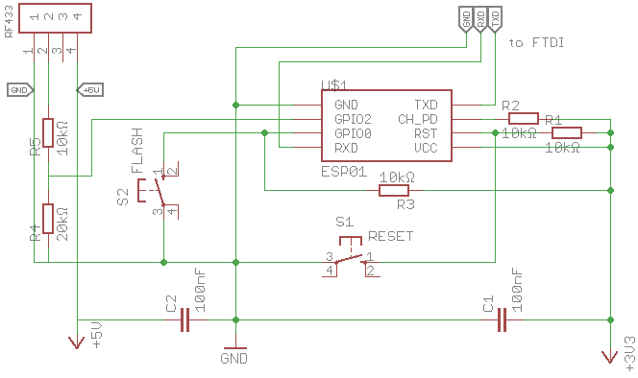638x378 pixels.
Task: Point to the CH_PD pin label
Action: pyautogui.click(x=418, y=119)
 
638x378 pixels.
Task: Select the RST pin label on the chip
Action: pyautogui.click(x=426, y=133)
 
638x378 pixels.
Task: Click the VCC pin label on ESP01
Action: pyautogui.click(x=426, y=148)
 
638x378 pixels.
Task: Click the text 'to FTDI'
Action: pyautogui.click(x=535, y=43)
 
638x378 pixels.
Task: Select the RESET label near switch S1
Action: pyautogui.click(x=390, y=235)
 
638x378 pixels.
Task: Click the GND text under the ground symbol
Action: pyautogui.click(x=233, y=359)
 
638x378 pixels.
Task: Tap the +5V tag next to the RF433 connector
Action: pyautogui.click(x=89, y=89)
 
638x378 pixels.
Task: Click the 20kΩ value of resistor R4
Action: pyautogui.click(x=62, y=223)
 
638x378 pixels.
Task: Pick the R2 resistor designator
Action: pyautogui.click(x=510, y=106)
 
